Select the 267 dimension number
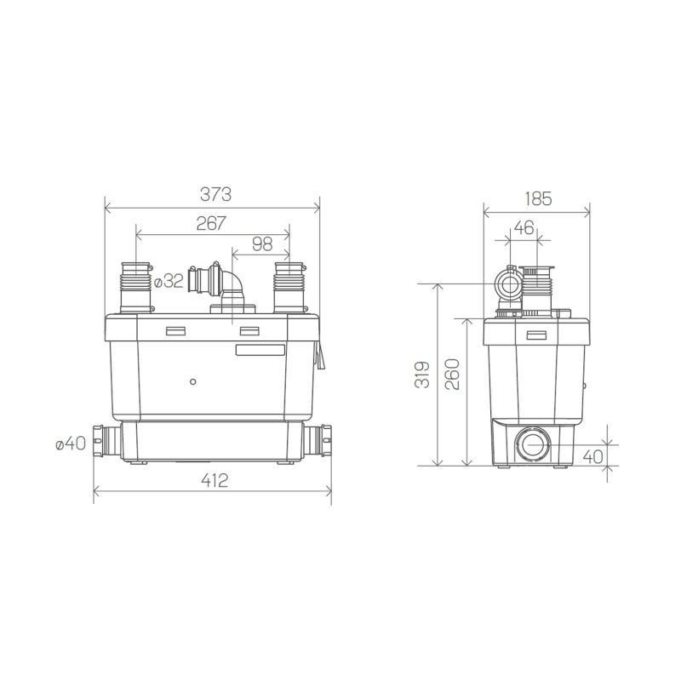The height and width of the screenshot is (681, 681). pos(211,223)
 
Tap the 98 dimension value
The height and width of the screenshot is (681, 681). pos(262,245)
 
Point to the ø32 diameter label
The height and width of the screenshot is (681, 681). pos(172,281)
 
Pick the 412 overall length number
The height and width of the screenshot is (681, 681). pos(215,481)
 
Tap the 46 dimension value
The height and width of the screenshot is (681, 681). pos(525,228)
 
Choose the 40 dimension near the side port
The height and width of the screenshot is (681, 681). pos(593,455)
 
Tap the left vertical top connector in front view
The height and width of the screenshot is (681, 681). pos(137,287)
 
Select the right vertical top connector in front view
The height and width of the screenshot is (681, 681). pos(289,287)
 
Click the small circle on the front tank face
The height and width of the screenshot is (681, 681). pos(194,381)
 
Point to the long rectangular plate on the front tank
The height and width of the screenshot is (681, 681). pos(260,349)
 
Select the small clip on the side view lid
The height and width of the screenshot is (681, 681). pos(535,335)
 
